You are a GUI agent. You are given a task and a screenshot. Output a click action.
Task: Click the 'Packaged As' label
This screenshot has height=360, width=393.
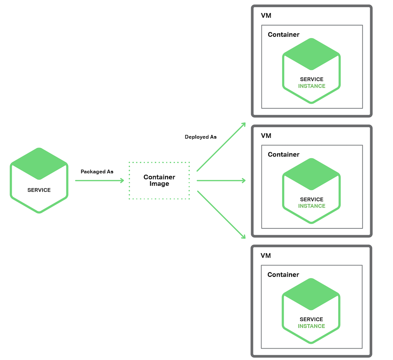97,172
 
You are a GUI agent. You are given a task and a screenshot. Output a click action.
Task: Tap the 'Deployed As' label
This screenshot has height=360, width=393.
200,137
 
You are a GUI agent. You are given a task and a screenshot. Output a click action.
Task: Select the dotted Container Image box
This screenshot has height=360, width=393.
159,180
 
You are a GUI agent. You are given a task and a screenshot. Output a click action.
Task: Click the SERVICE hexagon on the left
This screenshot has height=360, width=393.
39,180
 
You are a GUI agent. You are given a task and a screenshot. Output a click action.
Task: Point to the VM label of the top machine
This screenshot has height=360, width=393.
266,16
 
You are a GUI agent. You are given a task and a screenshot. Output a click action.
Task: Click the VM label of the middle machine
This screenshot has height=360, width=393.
266,136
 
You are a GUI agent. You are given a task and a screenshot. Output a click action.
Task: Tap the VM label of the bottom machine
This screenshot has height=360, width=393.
266,256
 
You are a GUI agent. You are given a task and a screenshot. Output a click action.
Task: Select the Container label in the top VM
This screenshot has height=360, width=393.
284,35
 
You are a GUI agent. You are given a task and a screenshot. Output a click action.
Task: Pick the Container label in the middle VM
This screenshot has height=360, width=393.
284,155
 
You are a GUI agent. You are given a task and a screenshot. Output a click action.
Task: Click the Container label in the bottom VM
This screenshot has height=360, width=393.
283,275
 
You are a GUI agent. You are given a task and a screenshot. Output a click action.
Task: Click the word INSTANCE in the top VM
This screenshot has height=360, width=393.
312,86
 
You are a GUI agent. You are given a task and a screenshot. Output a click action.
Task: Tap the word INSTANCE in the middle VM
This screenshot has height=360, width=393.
312,206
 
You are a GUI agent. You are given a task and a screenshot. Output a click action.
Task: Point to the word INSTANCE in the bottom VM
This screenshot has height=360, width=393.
311,326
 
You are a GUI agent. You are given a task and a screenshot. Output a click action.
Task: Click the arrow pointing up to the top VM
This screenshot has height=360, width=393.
221,147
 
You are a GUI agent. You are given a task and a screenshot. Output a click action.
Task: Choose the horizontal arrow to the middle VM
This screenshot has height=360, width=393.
221,180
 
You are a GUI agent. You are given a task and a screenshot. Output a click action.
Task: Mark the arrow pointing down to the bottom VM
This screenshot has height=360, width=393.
221,215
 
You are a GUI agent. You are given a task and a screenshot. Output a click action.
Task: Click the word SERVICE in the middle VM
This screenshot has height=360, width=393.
312,199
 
